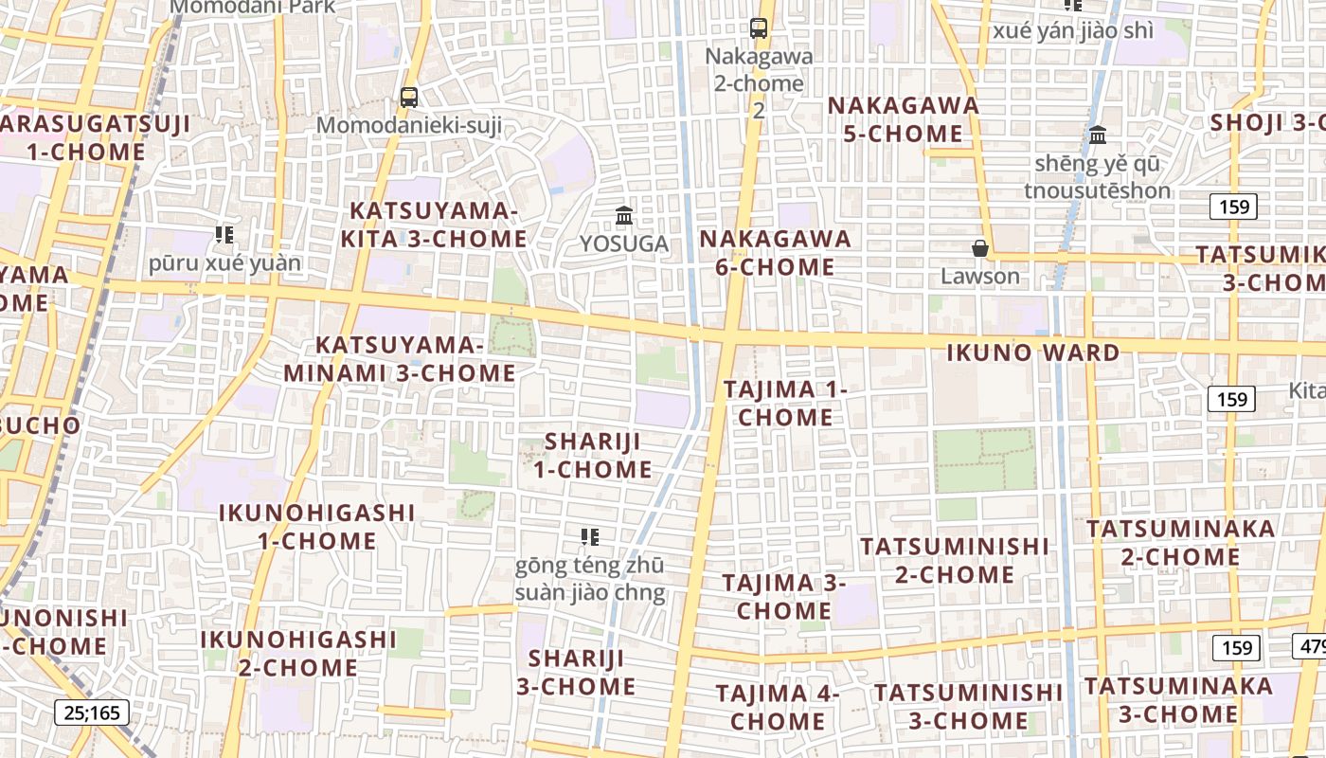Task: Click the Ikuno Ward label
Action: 1033,353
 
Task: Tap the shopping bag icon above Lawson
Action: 980,248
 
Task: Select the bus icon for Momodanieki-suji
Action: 409,97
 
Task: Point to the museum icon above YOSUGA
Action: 624,216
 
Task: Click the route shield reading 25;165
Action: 92,712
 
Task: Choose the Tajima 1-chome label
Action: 785,403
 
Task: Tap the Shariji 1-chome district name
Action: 592,455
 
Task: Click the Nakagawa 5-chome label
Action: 904,119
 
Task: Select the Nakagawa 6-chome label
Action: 776,253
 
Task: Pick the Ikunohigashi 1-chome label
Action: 317,527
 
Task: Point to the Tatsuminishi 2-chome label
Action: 955,560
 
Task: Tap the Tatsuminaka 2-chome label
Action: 1180,542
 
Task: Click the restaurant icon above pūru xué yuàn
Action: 224,234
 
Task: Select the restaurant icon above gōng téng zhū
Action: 590,537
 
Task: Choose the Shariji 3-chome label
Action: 576,672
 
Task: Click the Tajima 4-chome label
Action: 778,707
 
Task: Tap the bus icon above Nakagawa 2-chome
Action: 759,28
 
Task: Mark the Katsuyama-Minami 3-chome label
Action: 400,359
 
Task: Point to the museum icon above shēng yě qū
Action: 1098,135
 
